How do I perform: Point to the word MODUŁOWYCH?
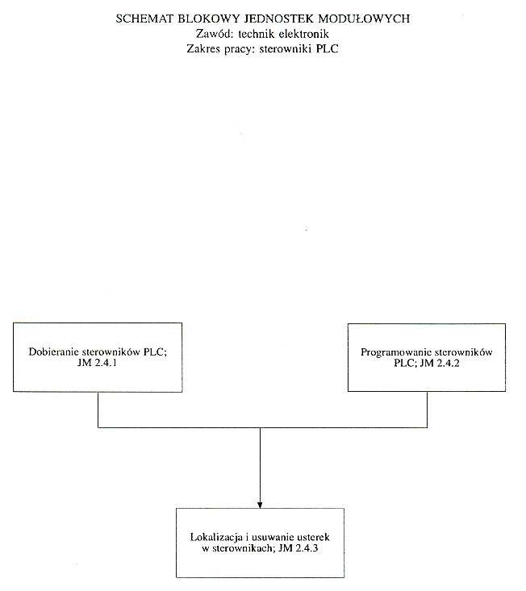coord(364,19)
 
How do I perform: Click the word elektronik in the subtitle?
coord(304,34)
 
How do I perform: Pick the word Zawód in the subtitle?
coord(215,34)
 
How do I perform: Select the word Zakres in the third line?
coord(203,49)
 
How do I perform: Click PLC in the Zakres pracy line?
coord(328,49)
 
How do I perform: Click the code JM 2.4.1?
coord(97,363)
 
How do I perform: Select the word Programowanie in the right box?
coord(395,352)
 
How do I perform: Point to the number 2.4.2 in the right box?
coord(448,363)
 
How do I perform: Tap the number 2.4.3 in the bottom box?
coord(307,548)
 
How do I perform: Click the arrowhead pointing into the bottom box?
coord(260,505)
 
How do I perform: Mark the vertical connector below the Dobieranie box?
coord(98,410)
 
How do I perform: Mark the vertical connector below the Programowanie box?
coord(428,410)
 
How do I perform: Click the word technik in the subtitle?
coord(257,34)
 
